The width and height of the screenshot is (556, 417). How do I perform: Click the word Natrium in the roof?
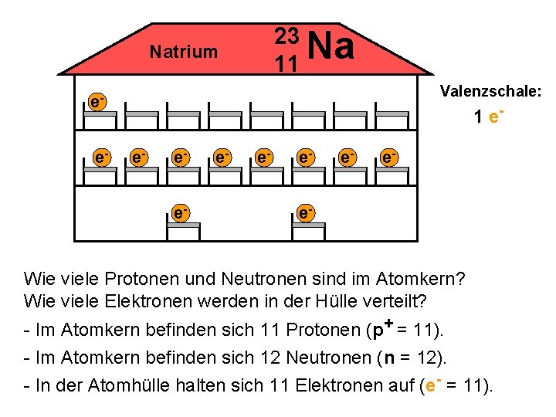click(184, 53)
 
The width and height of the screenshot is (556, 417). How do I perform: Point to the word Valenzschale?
click(490, 92)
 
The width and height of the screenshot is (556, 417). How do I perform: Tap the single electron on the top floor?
click(97, 102)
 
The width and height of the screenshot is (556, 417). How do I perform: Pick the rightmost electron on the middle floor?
click(389, 158)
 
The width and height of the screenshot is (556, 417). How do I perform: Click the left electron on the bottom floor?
click(180, 211)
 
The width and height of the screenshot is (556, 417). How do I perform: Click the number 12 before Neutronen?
click(270, 358)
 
